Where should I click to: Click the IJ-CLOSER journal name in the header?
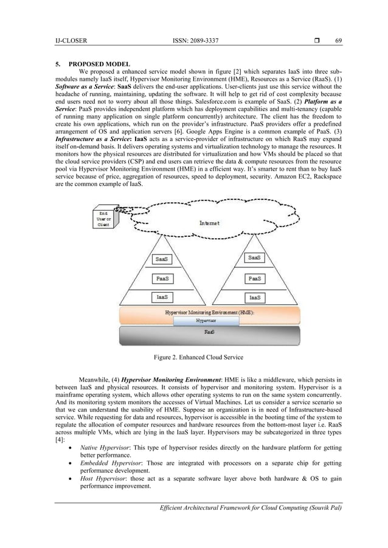(x=71, y=41)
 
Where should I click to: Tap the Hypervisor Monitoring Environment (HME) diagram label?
(x=210, y=312)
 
